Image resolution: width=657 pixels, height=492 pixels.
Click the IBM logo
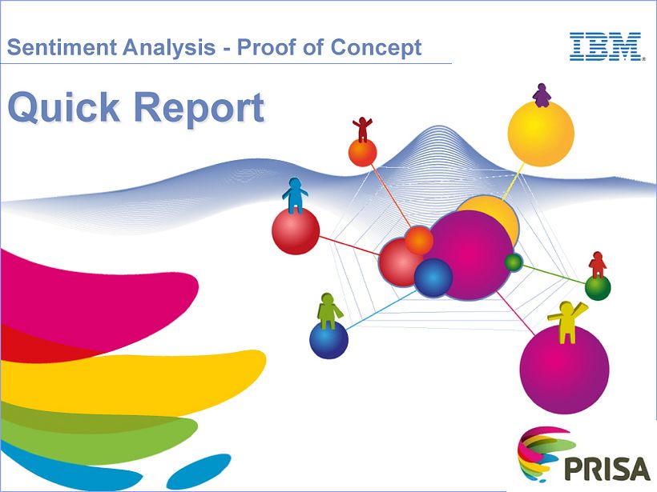[x=607, y=47]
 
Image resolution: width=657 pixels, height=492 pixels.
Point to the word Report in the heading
[x=200, y=108]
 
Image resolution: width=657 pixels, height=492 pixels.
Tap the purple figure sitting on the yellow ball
[x=542, y=95]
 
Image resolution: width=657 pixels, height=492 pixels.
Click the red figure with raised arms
[x=363, y=128]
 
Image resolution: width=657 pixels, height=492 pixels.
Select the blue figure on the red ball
[x=295, y=195]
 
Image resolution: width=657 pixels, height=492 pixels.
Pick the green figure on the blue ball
[x=328, y=310]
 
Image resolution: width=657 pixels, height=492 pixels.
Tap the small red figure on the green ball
[x=598, y=265]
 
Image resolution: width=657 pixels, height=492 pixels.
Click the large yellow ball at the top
[x=541, y=136]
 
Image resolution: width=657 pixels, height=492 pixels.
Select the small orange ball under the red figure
[x=362, y=153]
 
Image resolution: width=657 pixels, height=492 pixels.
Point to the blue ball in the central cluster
[x=433, y=277]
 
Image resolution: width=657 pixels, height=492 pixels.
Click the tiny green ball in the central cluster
[x=514, y=262]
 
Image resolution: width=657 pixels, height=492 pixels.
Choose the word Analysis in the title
[x=166, y=47]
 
